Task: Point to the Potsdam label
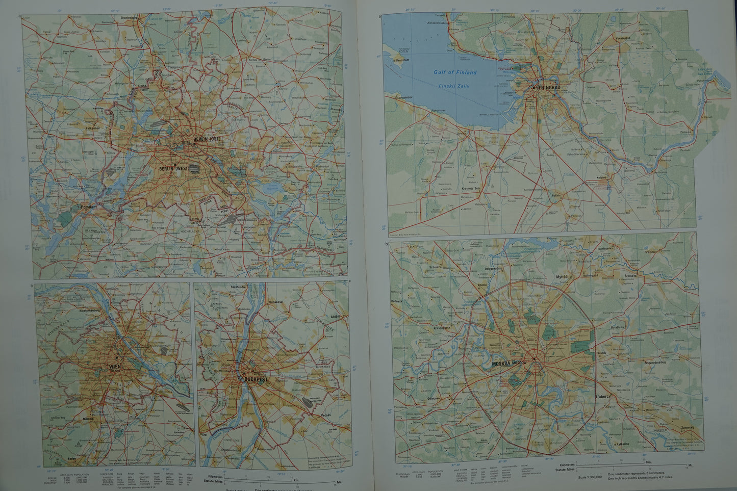(x=88, y=208)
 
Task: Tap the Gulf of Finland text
(x=455, y=73)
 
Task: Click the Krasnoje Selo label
(x=472, y=188)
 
